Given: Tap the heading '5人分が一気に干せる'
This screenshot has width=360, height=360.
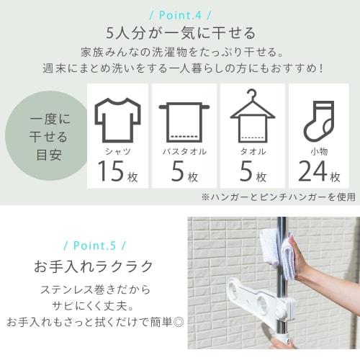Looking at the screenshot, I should tap(180, 32).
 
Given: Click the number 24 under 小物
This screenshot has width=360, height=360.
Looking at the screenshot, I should tap(310, 174).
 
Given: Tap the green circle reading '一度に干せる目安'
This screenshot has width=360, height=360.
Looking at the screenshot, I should tap(42, 137).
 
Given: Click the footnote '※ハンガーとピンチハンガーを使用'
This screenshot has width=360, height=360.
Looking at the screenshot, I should tap(278, 196).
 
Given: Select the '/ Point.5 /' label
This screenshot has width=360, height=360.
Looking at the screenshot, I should tap(94, 245).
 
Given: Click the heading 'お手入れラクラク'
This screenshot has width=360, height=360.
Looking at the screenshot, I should tap(94, 266).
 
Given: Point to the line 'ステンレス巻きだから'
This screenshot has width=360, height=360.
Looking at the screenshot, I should tap(94, 290).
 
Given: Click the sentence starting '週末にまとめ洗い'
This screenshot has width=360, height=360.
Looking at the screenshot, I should tap(180, 69).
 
